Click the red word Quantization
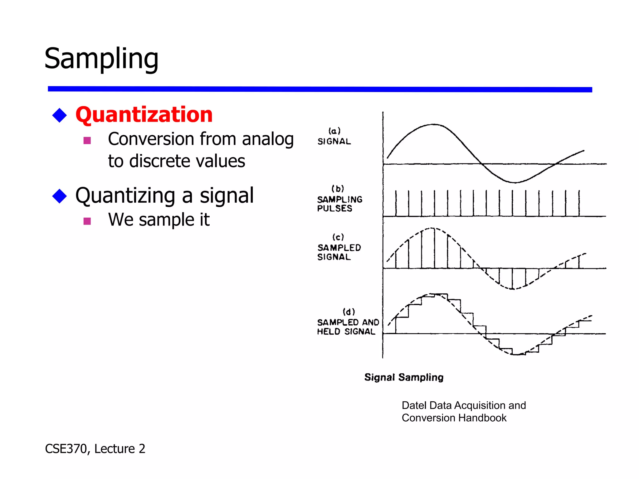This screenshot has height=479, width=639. point(144,115)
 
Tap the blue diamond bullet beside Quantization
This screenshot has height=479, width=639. point(60,115)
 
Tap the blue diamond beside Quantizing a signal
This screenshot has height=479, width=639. point(60,196)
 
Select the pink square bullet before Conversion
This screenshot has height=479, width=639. point(87,140)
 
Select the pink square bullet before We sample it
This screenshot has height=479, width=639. point(87,221)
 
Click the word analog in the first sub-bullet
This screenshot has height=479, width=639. point(268,139)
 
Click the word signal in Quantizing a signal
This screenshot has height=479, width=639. point(227,196)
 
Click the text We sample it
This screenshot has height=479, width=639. point(159,220)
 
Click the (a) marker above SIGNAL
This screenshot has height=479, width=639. point(334,131)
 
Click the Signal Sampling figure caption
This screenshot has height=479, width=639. point(404,377)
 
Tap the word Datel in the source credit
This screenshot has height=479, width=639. point(414,405)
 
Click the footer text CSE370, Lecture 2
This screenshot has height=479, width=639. point(95,449)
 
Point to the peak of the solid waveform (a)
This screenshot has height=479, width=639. point(434,124)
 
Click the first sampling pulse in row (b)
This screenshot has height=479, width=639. point(396,203)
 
